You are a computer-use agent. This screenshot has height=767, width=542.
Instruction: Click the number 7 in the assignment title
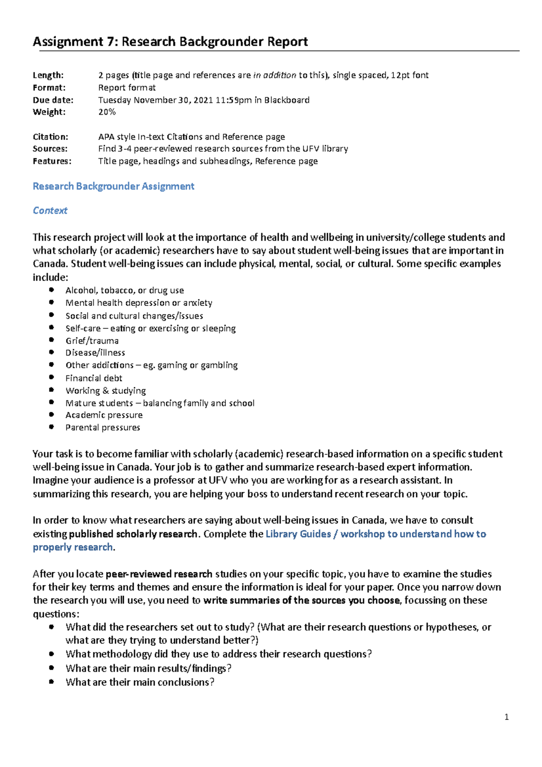point(111,42)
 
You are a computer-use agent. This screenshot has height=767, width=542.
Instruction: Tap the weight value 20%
point(107,112)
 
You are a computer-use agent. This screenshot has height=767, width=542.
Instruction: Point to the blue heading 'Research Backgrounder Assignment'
point(113,186)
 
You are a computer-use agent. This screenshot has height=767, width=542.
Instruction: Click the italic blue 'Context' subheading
point(50,210)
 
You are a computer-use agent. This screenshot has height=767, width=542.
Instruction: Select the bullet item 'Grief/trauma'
point(92,341)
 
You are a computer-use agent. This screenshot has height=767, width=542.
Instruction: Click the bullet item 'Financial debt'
point(93,378)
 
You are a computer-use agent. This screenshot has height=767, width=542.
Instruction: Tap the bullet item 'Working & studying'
point(105,391)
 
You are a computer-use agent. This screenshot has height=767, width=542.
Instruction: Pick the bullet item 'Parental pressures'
point(103,427)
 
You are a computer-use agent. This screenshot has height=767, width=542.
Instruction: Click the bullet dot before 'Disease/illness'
point(52,352)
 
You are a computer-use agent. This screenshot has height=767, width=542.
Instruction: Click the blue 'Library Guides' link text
point(298,534)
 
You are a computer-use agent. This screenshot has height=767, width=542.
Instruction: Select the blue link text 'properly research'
point(73,547)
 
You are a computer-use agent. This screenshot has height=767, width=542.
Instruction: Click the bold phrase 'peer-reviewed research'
point(159,574)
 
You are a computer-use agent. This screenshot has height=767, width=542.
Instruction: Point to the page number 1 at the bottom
point(506,717)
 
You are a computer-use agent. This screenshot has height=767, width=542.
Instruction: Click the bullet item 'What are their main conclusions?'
point(140,682)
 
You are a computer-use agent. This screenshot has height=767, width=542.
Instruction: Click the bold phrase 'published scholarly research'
point(133,534)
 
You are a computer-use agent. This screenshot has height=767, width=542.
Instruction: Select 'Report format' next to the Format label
point(127,88)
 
